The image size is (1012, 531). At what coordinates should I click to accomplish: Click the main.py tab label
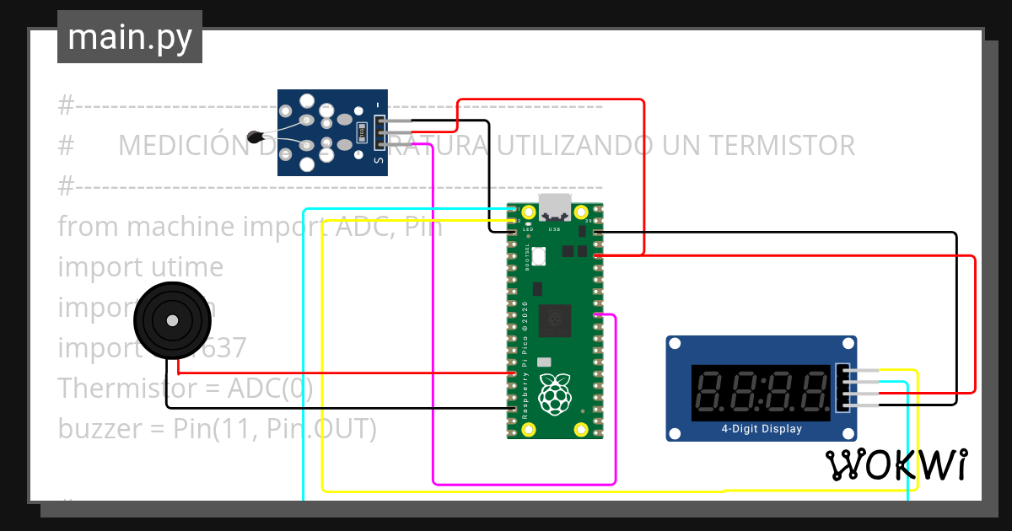[129, 37]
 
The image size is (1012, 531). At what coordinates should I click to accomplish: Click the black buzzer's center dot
[172, 321]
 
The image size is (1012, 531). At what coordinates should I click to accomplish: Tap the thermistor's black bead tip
[254, 136]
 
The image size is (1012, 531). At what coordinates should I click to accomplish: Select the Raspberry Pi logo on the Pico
[554, 395]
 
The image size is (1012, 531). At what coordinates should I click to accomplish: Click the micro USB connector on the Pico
[555, 206]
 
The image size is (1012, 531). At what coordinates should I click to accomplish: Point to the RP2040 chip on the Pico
[555, 318]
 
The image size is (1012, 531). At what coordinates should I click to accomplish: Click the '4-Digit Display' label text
[762, 429]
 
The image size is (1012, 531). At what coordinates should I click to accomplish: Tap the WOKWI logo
[896, 465]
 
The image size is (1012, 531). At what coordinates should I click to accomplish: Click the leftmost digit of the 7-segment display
[713, 393]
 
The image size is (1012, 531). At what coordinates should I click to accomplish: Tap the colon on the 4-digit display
[762, 393]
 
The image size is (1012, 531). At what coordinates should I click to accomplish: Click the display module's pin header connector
[843, 388]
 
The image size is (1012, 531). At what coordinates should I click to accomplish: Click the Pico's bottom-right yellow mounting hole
[580, 430]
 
